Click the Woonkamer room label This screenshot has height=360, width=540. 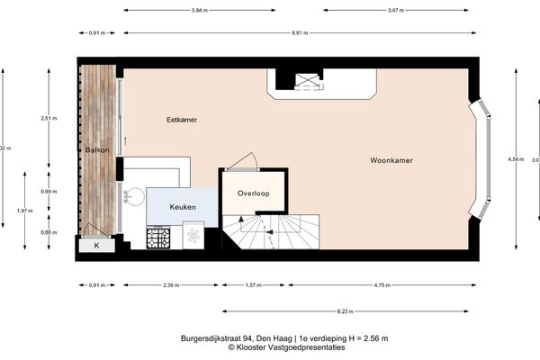[391, 161]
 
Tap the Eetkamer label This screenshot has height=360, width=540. [183, 119]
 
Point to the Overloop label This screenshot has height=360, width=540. [254, 193]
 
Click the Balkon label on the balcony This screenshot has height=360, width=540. [97, 150]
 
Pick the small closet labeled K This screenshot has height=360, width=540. [95, 245]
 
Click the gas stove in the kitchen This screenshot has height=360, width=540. [159, 238]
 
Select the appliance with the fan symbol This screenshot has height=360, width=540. [193, 238]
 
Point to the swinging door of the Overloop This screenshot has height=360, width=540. [241, 162]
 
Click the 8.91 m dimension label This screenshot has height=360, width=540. [301, 32]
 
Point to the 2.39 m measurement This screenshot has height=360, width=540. [170, 285]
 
